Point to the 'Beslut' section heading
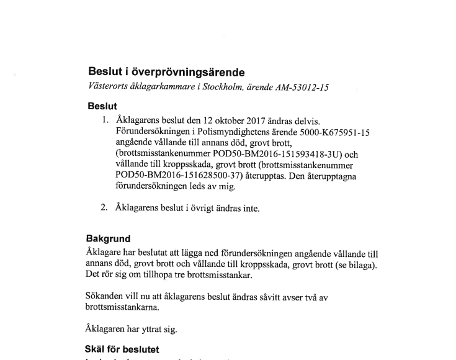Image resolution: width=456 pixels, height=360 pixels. [102, 106]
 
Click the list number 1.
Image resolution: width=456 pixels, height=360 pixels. [105, 119]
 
